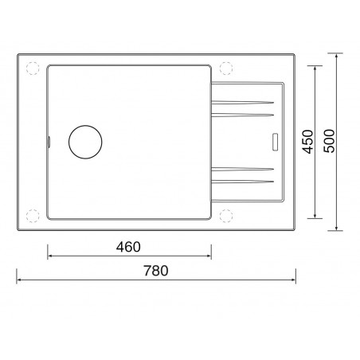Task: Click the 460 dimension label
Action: coord(128,247)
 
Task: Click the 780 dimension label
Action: coord(156,271)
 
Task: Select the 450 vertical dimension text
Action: coord(308,142)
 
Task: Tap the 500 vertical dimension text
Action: coord(329,141)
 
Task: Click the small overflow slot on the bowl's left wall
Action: coord(49,142)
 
